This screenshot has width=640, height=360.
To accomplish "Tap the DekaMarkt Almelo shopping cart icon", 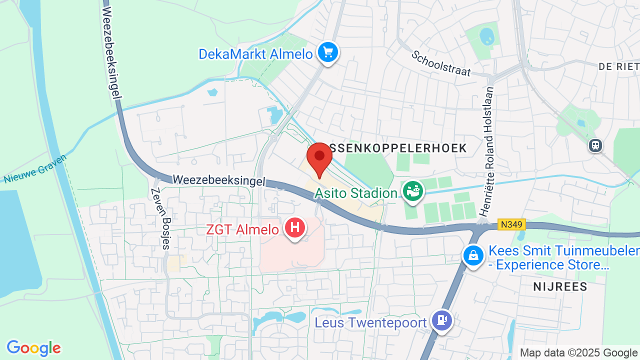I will point(327,52).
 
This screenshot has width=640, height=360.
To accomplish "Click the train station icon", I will point(595,145).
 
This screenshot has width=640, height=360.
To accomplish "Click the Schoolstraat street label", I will point(441,63).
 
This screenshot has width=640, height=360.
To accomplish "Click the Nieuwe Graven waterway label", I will point(35,168).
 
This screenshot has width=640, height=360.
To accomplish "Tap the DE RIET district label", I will point(619,66).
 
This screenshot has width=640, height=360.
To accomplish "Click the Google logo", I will point(33,348).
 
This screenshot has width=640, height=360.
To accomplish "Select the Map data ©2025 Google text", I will point(578,352).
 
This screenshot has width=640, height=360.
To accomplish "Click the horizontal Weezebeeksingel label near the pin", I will point(218,180).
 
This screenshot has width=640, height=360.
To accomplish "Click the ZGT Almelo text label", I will point(242,229).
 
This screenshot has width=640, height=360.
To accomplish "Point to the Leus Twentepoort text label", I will point(370,323).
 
